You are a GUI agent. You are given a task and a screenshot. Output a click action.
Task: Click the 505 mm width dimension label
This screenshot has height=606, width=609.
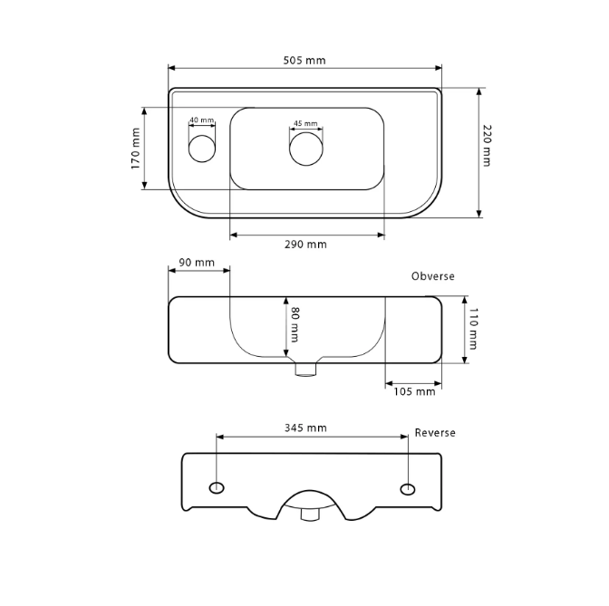(304, 60)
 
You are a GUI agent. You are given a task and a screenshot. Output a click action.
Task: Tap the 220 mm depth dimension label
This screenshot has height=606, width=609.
(487, 146)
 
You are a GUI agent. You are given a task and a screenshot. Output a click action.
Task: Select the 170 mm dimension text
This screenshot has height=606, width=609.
(136, 149)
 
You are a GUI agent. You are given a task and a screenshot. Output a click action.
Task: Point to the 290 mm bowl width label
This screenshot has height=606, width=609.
(305, 245)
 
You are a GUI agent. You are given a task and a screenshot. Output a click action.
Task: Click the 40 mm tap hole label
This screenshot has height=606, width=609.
(202, 120)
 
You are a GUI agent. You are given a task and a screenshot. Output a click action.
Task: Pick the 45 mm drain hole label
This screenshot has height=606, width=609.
(305, 123)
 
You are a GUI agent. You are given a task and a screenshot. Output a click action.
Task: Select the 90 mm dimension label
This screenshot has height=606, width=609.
(197, 263)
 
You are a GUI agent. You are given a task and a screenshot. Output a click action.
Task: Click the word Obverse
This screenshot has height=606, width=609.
(432, 276)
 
